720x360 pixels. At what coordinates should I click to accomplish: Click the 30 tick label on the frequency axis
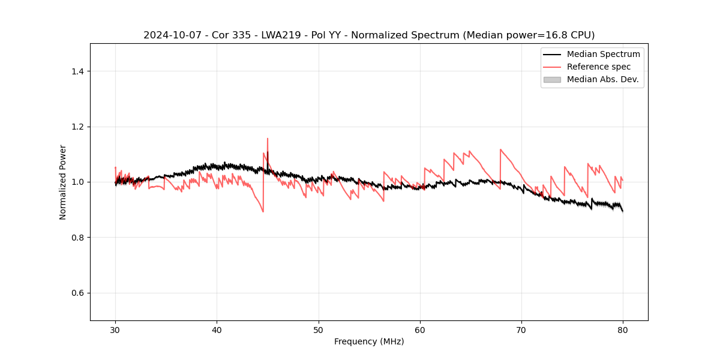pyautogui.click(x=115, y=329)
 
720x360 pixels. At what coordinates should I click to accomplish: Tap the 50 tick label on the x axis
pyautogui.click(x=319, y=329)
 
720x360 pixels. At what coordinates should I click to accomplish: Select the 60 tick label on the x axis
pyautogui.click(x=420, y=329)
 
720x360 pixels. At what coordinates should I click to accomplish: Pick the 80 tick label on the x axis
pyautogui.click(x=623, y=329)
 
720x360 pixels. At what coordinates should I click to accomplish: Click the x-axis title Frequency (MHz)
pyautogui.click(x=369, y=341)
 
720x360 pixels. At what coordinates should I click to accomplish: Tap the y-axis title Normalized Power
pyautogui.click(x=63, y=182)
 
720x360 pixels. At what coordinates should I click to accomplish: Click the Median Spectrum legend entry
pyautogui.click(x=603, y=54)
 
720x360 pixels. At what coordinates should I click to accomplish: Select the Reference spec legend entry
pyautogui.click(x=599, y=67)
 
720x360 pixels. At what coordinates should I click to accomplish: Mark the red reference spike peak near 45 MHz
pyautogui.click(x=268, y=139)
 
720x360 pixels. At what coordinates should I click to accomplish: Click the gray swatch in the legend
pyautogui.click(x=552, y=79)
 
